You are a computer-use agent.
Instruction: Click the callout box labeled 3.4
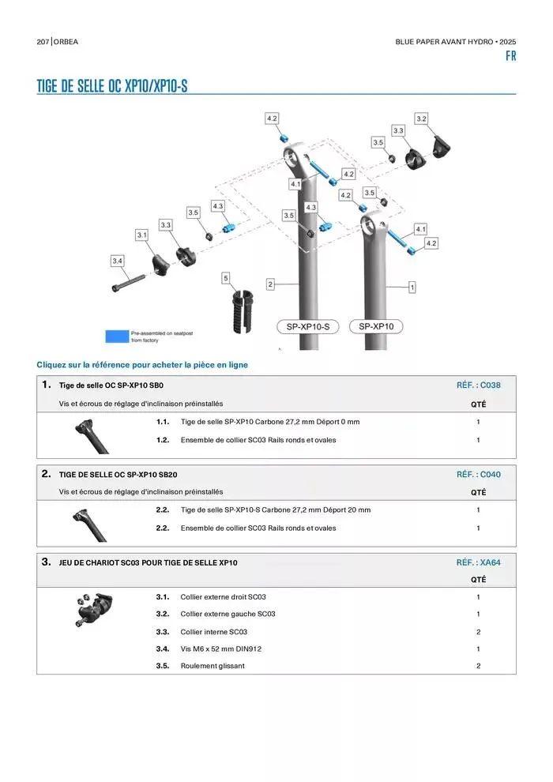click(x=118, y=261)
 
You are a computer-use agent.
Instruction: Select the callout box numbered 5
click(x=226, y=278)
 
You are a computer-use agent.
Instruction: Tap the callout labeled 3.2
click(x=421, y=118)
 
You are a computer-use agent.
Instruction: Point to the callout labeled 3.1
click(x=142, y=235)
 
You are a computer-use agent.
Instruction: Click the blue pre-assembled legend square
click(x=117, y=336)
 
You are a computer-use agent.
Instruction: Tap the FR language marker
click(x=510, y=56)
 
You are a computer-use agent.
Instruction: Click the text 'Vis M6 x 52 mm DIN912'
click(x=221, y=649)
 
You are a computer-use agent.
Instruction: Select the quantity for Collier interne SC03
click(x=479, y=632)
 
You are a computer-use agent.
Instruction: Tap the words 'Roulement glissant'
click(x=213, y=666)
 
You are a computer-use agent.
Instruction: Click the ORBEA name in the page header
click(x=66, y=42)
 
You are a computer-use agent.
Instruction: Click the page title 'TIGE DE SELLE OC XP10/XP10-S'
click(x=112, y=86)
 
